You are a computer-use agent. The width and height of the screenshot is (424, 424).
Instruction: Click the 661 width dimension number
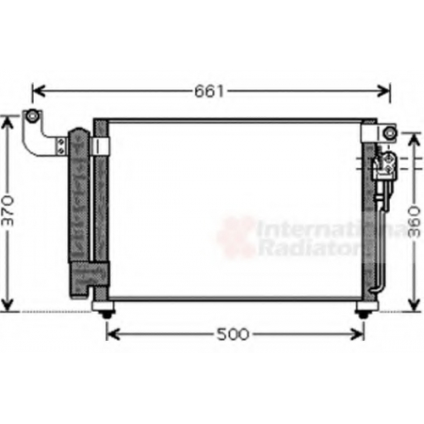tap(209, 92)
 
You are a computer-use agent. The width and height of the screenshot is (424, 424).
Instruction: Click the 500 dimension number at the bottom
tap(233, 334)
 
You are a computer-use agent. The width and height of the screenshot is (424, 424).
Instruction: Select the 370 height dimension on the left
tap(8, 210)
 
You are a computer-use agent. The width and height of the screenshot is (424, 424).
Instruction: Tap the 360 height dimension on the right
tap(415, 221)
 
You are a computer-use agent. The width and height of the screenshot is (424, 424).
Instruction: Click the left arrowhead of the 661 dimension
tap(39, 92)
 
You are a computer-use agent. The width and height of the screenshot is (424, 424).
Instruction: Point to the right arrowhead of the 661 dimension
tap(384, 92)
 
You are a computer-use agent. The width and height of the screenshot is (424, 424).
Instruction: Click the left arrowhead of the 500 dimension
tap(113, 335)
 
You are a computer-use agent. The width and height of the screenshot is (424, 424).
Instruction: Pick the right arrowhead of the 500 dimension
tap(357, 335)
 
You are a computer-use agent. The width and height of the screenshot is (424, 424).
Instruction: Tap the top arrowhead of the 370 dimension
tap(8, 122)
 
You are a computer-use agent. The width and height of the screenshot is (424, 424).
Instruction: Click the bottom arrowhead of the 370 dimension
tap(8, 304)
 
